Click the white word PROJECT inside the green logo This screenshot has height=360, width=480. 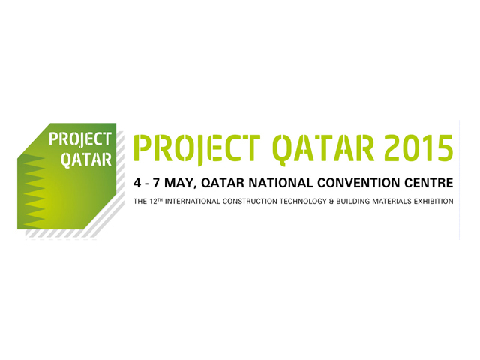pyautogui.click(x=80, y=139)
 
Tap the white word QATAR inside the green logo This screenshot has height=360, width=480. pyautogui.click(x=86, y=160)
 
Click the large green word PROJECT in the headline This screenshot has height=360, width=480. pyautogui.click(x=197, y=148)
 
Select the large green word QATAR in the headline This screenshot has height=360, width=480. pyautogui.click(x=323, y=148)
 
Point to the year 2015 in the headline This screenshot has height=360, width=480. pyautogui.click(x=418, y=148)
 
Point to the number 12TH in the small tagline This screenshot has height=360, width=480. pyautogui.click(x=156, y=201)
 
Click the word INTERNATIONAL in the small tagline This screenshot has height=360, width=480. pyautogui.click(x=192, y=202)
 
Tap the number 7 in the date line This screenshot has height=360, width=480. pyautogui.click(x=157, y=183)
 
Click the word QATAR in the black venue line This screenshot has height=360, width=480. pyautogui.click(x=223, y=183)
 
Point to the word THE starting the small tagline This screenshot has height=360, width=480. pyautogui.click(x=140, y=202)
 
